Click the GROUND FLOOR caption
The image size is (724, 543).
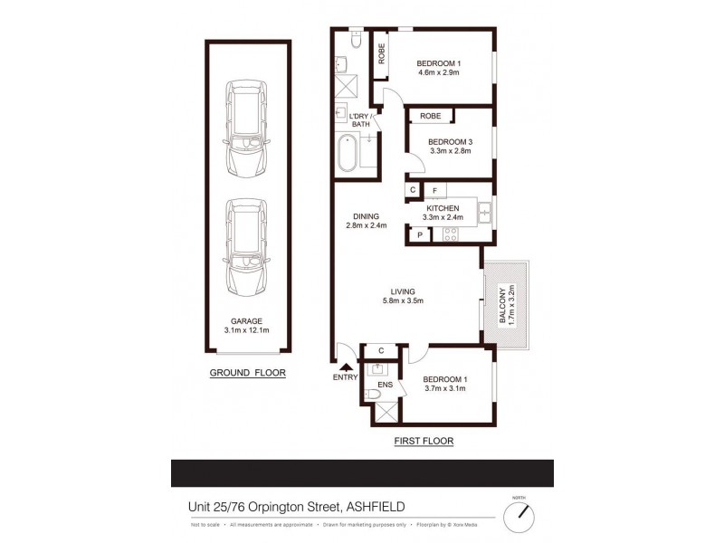pos(247,373)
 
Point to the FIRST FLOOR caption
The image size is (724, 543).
pos(424,441)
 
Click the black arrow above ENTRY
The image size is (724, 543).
pos(345,365)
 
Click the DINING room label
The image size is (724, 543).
pos(366,215)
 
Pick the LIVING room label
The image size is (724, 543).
pos(402,291)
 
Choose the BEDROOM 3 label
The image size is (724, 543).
pos(450,141)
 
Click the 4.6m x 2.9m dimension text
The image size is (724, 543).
pos(438,73)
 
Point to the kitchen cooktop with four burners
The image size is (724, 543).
pos(451,234)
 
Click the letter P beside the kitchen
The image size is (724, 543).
pos(419,235)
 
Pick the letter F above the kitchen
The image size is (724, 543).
pos(435,191)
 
